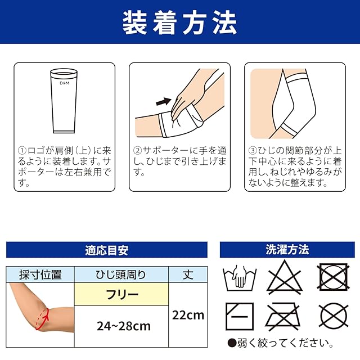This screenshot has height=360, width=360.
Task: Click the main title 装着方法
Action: pos(180,23)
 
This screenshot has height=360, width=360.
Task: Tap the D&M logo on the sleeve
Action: pos(64,83)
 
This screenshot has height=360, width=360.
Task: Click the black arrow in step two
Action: pos(164,101)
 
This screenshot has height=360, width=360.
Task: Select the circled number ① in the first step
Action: pos(22,151)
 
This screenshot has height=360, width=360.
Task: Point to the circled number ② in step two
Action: pos(137,151)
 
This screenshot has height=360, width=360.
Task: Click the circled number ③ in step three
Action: pos(253,151)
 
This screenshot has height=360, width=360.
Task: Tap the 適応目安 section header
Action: pos(107,250)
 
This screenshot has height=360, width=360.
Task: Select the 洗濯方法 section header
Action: pos(287,250)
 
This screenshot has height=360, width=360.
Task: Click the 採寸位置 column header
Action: pos(40,274)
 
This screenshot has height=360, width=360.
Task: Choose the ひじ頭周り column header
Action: pos(121,274)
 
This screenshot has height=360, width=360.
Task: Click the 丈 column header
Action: pos(188,274)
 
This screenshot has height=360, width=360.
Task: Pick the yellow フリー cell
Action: pos(121,294)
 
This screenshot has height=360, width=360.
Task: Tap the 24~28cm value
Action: pos(124,326)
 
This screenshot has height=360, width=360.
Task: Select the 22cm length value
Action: pos(188,315)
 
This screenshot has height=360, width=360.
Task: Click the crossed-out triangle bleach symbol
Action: pos(285,277)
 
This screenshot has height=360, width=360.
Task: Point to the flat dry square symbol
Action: pos(240,316)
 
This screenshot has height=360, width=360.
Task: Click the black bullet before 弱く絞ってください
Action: pos(232,343)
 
